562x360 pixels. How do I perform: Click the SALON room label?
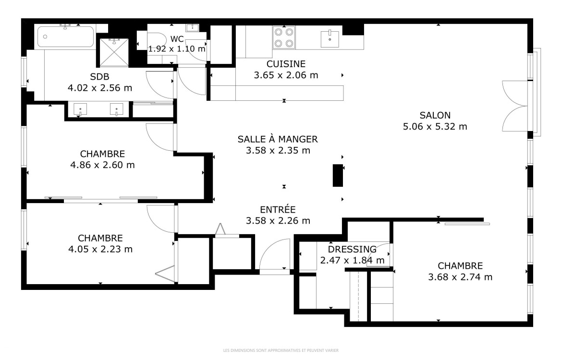pos(435,115)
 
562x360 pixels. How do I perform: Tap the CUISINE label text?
pos(286,64)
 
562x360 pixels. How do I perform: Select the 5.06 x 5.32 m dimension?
pos(435,126)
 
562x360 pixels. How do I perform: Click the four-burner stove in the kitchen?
pos(284,37)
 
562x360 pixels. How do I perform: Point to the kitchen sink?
pos(330,39)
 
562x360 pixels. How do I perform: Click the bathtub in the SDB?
pos(66,36)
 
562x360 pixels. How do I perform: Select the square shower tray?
pos(114,52)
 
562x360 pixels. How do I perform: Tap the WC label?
pos(177,39)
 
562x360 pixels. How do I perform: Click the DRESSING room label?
pos(352,249)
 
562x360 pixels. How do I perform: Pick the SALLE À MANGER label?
pos(278,139)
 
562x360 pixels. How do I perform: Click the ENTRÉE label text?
pos(278,210)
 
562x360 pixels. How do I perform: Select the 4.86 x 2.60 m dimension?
pos(102,165)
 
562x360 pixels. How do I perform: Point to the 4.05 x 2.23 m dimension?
pos(100,249)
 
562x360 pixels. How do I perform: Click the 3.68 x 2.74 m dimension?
pos(460,277)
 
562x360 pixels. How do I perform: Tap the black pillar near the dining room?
pos(338,175)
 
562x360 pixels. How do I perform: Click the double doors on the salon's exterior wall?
pos(515,107)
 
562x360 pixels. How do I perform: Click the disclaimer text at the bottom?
pos(281,350)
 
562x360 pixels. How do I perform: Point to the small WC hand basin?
pos(193,27)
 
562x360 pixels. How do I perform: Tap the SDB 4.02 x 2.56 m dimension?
pos(100,88)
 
